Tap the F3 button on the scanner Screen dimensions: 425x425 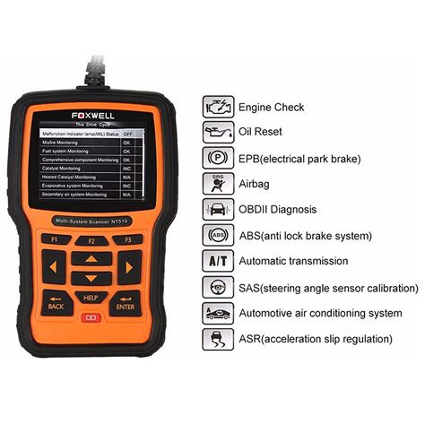(x=128, y=240)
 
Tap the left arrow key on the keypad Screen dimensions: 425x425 (x=56, y=267)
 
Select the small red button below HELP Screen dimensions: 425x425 (x=90, y=317)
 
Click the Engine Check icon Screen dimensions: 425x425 (x=217, y=107)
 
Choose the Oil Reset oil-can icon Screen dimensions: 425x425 (x=217, y=133)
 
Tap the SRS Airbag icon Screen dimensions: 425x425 (x=217, y=185)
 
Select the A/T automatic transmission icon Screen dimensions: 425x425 (x=217, y=262)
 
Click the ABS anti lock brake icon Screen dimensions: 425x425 (x=217, y=236)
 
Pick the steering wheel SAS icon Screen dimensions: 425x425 (x=217, y=288)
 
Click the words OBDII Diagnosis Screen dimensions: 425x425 (x=277, y=211)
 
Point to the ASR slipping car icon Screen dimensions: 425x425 (x=217, y=339)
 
